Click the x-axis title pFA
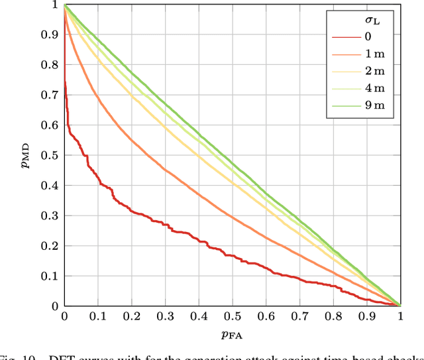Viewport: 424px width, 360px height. [232, 335]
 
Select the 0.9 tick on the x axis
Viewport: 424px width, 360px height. [366, 317]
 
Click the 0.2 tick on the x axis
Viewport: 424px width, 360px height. [131, 317]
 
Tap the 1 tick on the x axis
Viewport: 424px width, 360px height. [400, 317]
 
